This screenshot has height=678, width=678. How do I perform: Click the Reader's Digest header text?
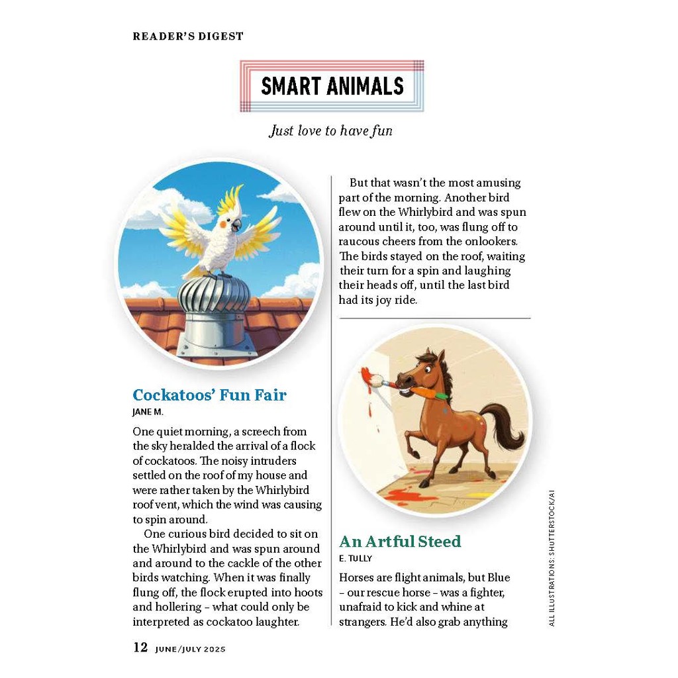tap(188, 36)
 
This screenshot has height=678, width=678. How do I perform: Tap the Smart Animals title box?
tap(332, 86)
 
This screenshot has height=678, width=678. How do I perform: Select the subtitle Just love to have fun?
tap(330, 130)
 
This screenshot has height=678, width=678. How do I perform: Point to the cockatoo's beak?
tap(236, 226)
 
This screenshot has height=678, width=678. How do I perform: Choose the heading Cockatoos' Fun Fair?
tap(209, 395)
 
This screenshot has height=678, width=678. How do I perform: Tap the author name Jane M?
tap(148, 412)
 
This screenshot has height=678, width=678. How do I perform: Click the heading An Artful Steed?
tap(400, 542)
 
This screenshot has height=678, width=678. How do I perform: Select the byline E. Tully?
tap(356, 558)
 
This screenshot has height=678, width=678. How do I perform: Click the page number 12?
tap(140, 648)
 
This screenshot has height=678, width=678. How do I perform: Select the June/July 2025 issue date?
tap(191, 649)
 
